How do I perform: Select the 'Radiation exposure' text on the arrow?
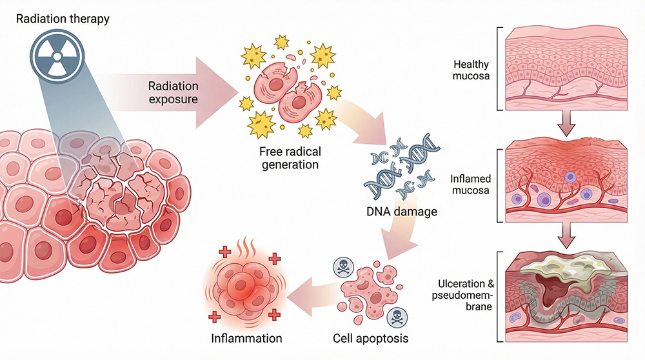pyautogui.click(x=173, y=94)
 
